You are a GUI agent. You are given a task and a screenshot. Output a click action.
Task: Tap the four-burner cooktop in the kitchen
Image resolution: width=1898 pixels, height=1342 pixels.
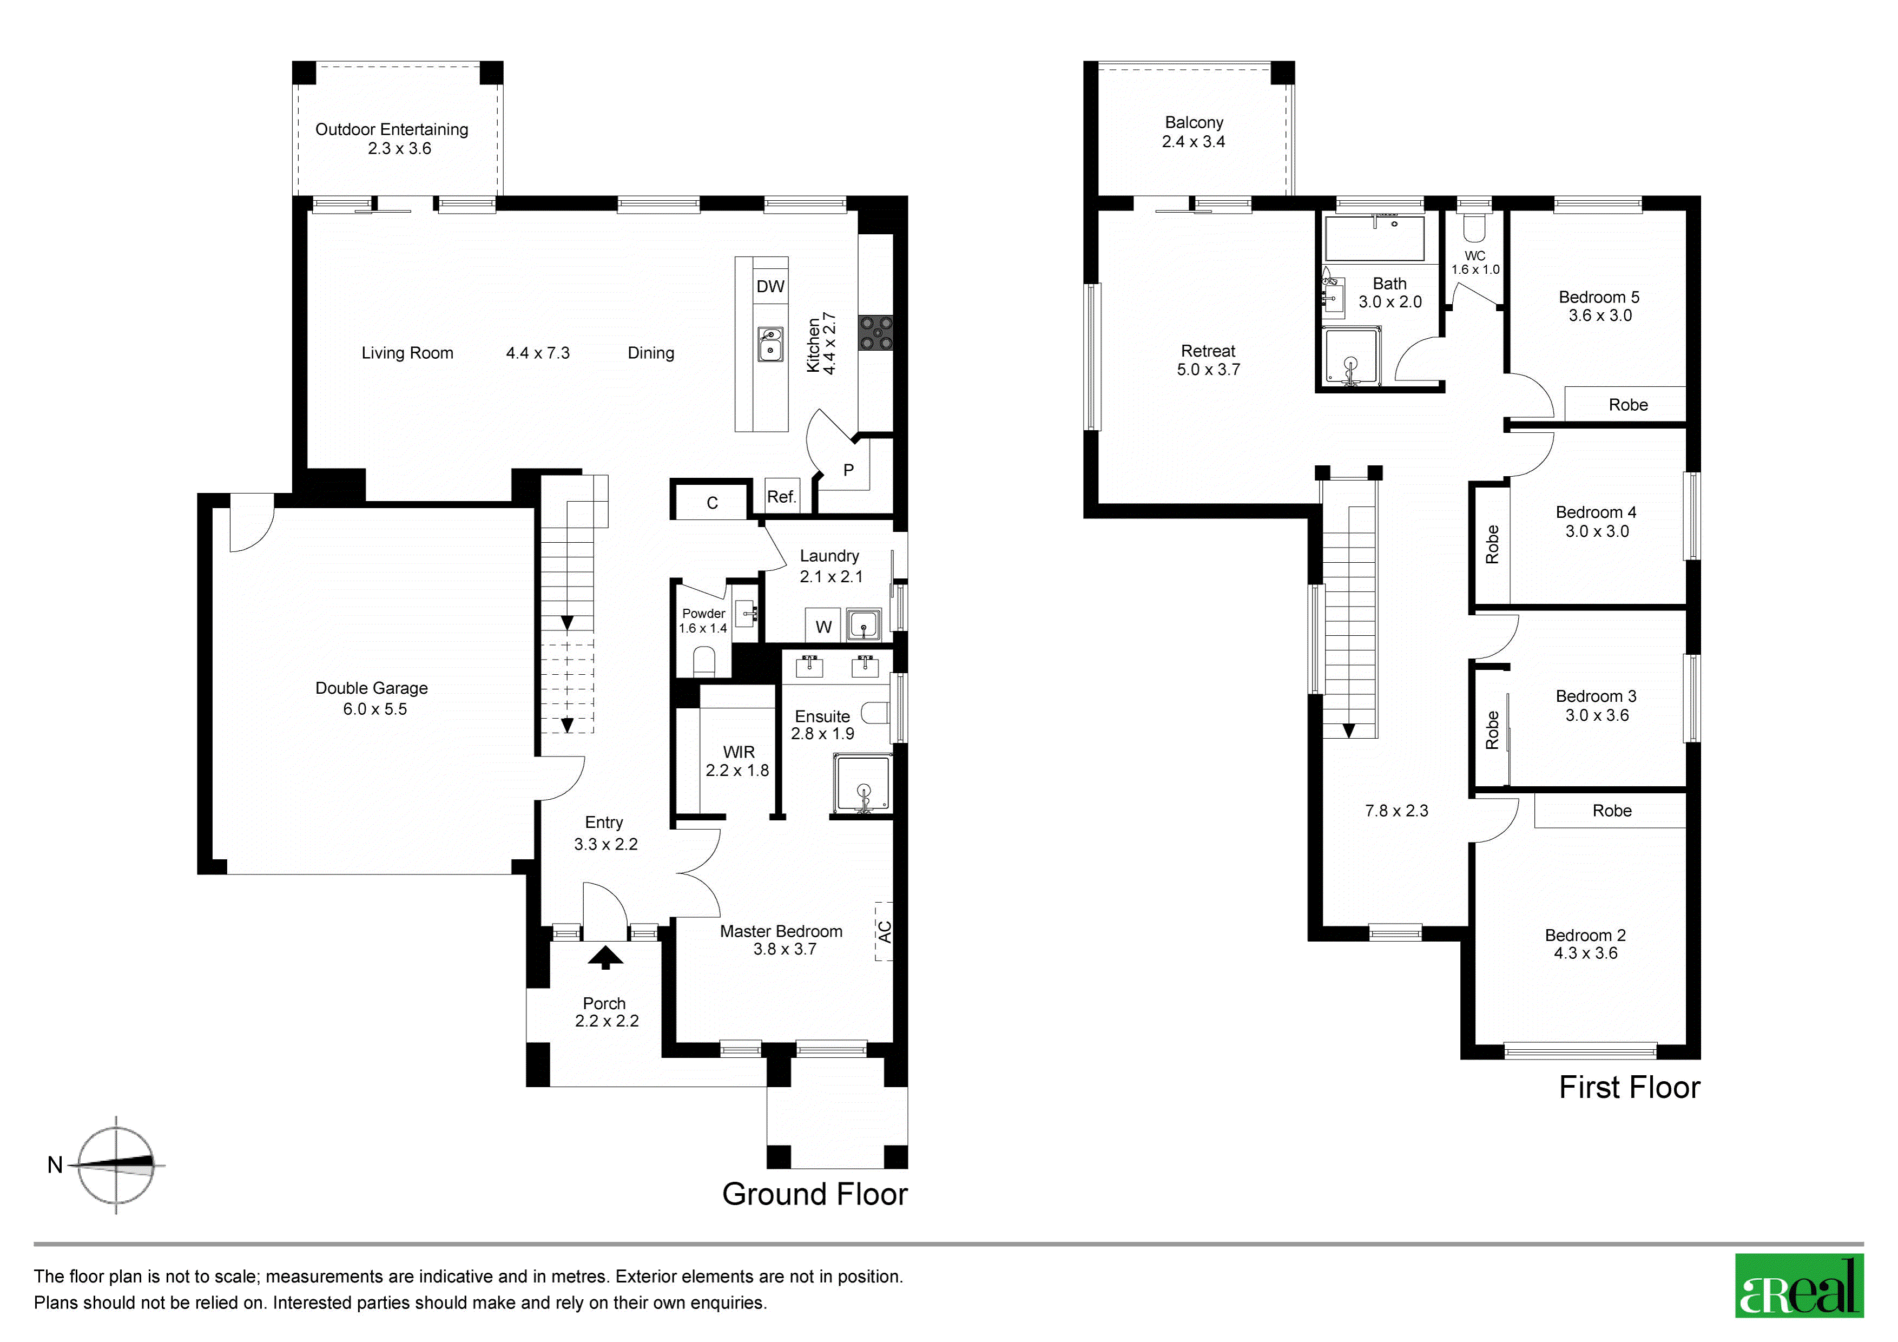875,333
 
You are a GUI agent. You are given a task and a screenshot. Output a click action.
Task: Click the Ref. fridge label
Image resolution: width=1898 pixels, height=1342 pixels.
781,497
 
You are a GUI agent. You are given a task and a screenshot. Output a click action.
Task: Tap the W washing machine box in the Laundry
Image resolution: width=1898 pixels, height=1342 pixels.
823,626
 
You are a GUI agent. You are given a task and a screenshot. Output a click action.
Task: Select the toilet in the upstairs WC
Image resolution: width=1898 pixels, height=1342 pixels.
1474,227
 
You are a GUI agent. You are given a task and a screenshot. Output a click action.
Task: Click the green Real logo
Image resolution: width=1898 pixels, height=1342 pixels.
1799,1286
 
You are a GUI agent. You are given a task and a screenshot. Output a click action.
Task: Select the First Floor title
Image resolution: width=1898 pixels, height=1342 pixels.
1629,1087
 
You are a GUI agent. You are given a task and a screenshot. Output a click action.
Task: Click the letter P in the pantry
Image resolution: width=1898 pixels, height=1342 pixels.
848,470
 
